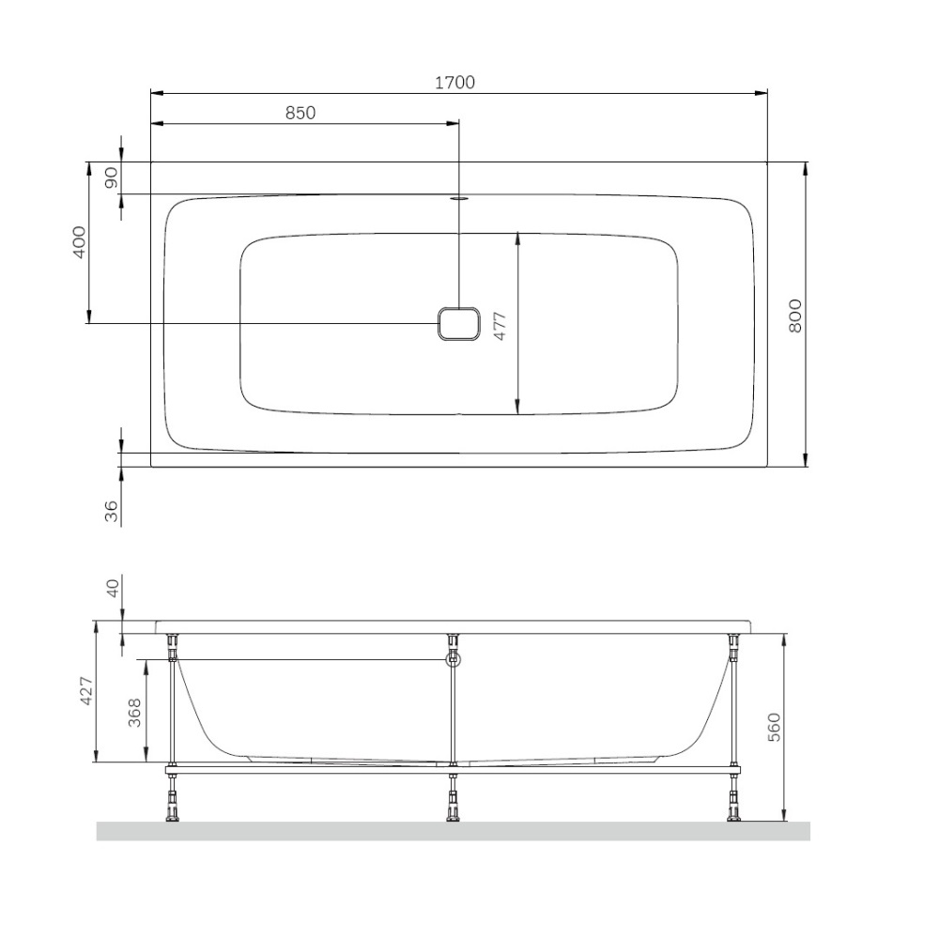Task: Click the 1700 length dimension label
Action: (x=454, y=82)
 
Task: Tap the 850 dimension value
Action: (x=300, y=113)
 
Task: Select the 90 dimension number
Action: (x=112, y=177)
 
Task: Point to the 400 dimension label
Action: (x=79, y=242)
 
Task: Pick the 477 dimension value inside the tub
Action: (x=500, y=327)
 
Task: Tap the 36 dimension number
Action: (x=112, y=511)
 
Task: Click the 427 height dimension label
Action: (x=87, y=690)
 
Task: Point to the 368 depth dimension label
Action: (x=135, y=713)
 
